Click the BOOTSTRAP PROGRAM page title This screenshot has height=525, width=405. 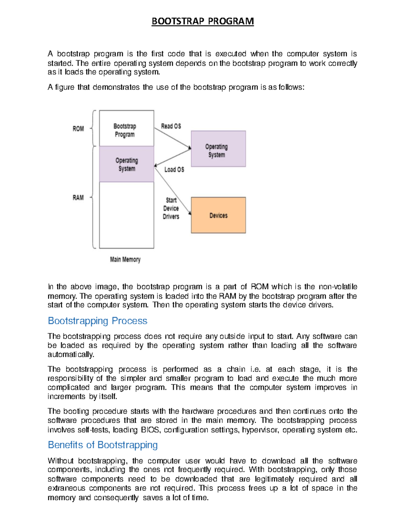(x=202, y=21)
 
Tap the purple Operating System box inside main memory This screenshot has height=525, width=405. (x=126, y=164)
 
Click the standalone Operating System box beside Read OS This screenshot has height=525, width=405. (x=218, y=149)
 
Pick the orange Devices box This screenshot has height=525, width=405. (x=218, y=215)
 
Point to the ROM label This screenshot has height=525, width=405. (x=78, y=129)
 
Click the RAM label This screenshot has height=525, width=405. (x=78, y=197)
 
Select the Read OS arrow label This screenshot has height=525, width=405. (x=171, y=126)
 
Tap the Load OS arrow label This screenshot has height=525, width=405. (x=174, y=169)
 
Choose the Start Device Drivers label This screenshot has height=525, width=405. (x=171, y=208)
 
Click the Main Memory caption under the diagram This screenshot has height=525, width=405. (x=125, y=260)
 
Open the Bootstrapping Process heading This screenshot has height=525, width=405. (x=98, y=321)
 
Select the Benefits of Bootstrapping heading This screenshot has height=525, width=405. (x=103, y=445)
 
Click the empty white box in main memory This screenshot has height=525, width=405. (x=126, y=215)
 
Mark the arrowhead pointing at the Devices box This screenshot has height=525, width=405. (x=190, y=213)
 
